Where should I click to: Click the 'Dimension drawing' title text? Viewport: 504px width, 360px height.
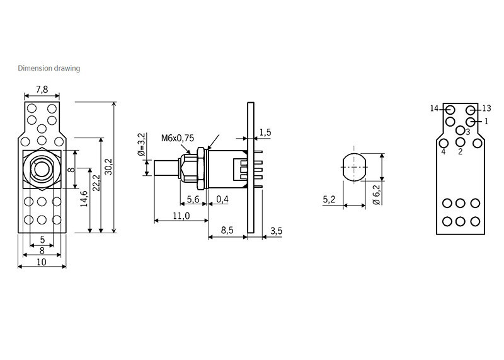point(49,68)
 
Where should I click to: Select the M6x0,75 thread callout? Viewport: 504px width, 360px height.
point(177,138)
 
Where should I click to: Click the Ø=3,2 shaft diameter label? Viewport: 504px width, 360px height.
point(141,145)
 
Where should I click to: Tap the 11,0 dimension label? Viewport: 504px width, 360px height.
point(181,215)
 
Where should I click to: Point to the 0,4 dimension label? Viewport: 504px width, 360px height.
point(222,199)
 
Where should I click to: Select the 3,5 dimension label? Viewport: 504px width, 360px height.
point(276,231)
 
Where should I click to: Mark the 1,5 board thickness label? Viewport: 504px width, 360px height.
point(265,132)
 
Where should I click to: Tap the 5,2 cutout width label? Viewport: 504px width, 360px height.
point(329,199)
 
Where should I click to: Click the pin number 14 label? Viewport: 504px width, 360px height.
point(435,108)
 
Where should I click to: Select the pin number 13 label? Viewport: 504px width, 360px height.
point(486,108)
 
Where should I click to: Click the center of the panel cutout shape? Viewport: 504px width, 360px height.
point(355,166)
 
